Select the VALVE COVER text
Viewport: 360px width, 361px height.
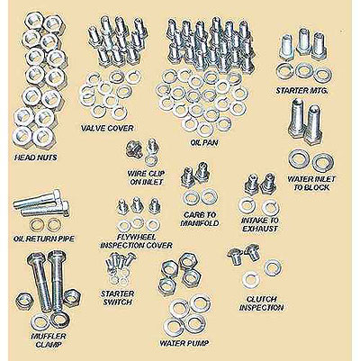[113, 128]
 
